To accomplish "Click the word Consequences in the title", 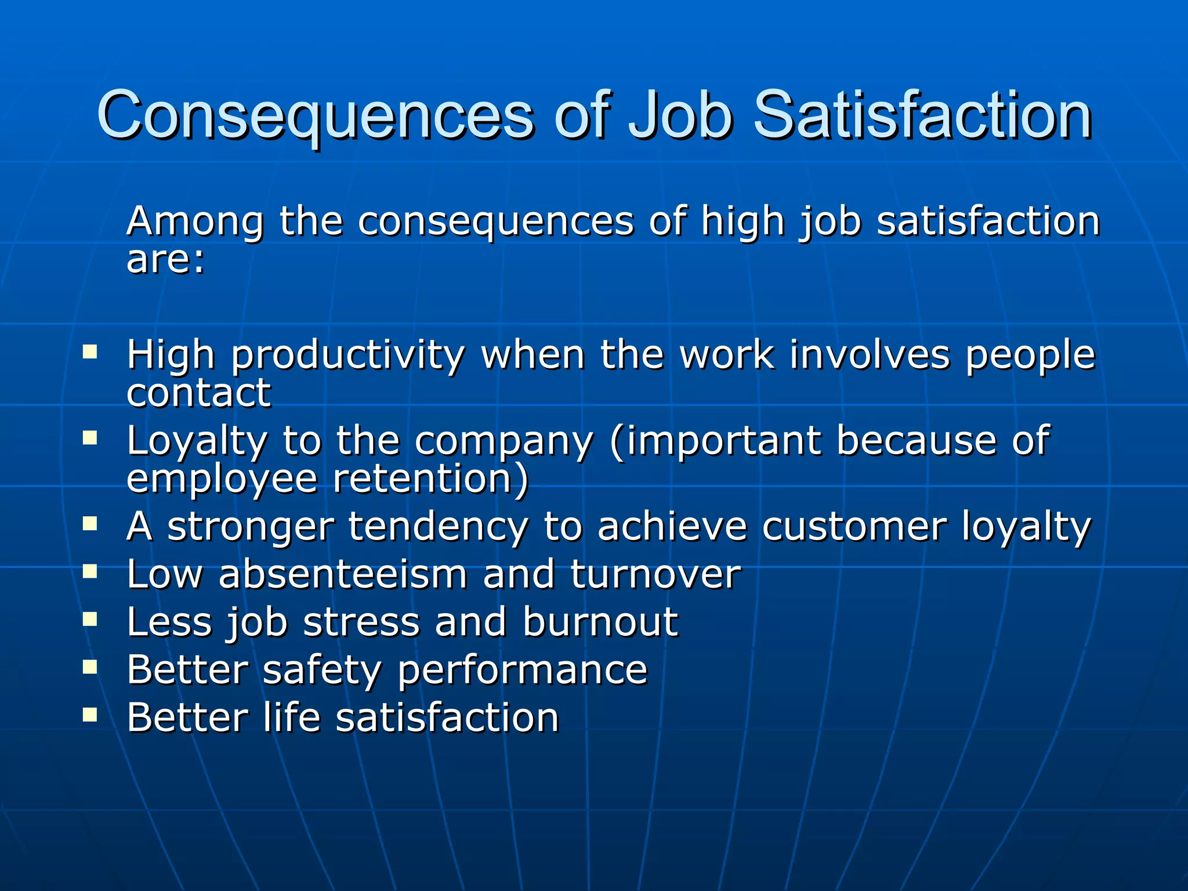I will coord(314,116).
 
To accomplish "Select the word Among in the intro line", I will coord(195,222).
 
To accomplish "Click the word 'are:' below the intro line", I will coord(166,259).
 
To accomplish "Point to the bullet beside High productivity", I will coord(90,352).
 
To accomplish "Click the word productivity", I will coord(347,356).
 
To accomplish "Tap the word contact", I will coord(198,393).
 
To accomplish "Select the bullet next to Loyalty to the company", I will coord(90,437).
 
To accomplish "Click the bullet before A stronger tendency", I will coord(90,524).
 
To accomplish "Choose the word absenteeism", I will coord(343,574).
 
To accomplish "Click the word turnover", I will coord(655,574).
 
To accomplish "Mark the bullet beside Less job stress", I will coord(90,620).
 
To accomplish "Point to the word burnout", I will coord(600,622).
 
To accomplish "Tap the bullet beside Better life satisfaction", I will coord(90,715).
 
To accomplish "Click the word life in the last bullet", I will coord(291,717).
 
